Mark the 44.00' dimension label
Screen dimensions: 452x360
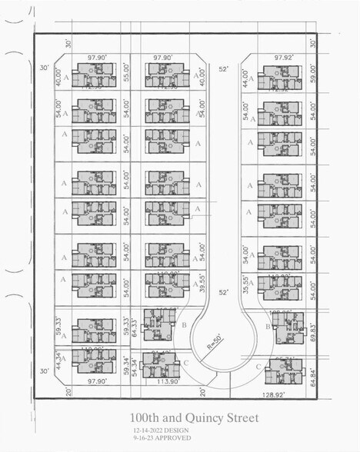[x=246, y=78]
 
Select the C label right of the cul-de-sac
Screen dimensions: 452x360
[x=258, y=367]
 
